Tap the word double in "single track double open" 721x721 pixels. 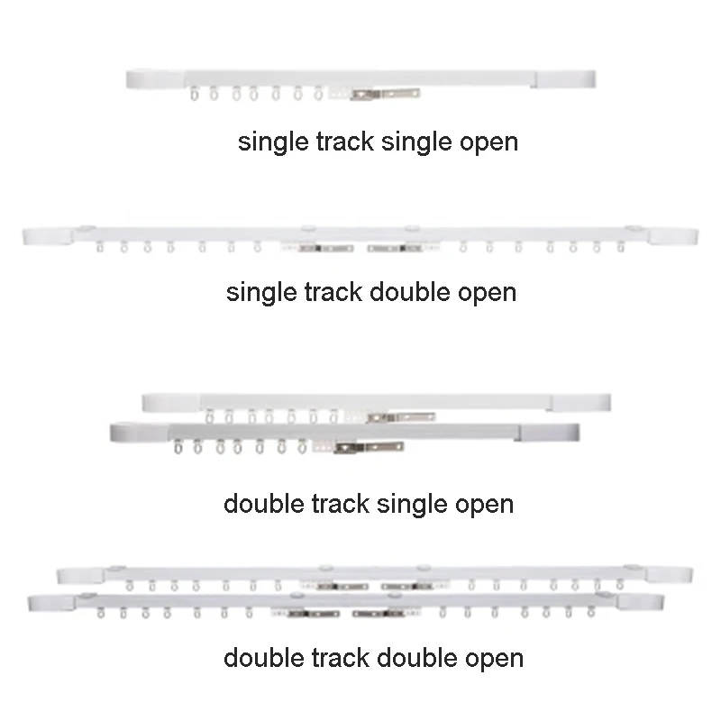406,292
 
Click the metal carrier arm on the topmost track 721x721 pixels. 387,92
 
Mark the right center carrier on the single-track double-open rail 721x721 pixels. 396,247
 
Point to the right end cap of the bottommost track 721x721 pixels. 640,602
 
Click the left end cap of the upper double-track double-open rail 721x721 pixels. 82,574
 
